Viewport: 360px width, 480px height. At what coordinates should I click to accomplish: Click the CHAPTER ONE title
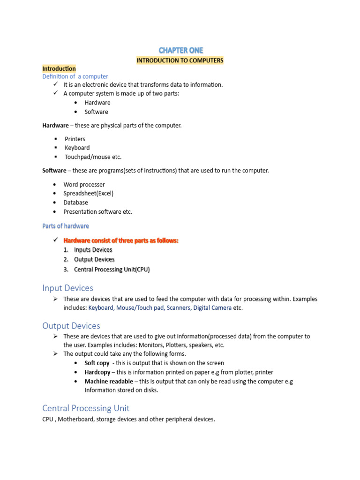pyautogui.click(x=180, y=50)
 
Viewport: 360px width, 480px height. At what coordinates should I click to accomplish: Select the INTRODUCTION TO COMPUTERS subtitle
pyautogui.click(x=180, y=60)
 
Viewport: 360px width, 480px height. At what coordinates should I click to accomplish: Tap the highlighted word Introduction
pyautogui.click(x=59, y=68)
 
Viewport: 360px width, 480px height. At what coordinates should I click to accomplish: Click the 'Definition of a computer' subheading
pyautogui.click(x=75, y=76)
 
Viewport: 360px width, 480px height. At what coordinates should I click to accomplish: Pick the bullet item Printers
pyautogui.click(x=75, y=139)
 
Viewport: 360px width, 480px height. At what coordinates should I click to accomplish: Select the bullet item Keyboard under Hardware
pyautogui.click(x=77, y=148)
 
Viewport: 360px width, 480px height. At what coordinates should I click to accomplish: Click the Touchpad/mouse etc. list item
pyautogui.click(x=93, y=157)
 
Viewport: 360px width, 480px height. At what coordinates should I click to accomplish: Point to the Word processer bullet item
pyautogui.click(x=84, y=185)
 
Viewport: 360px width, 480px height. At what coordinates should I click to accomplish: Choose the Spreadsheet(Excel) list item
pyautogui.click(x=89, y=193)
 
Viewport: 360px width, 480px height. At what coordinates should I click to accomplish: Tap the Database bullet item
pyautogui.click(x=76, y=202)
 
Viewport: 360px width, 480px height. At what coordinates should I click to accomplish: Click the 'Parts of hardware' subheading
pyautogui.click(x=66, y=226)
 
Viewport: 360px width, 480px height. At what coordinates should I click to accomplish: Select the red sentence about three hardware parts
pyautogui.click(x=121, y=240)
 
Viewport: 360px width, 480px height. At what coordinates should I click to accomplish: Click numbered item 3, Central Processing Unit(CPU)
pyautogui.click(x=112, y=270)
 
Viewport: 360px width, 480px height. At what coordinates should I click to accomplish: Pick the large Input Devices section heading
pyautogui.click(x=67, y=288)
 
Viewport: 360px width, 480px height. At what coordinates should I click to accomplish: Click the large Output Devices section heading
pyautogui.click(x=71, y=326)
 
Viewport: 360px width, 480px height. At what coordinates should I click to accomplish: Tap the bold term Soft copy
pyautogui.click(x=97, y=363)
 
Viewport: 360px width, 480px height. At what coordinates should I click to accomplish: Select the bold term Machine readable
pyautogui.click(x=109, y=382)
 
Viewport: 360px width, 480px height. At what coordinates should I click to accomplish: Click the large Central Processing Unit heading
pyautogui.click(x=86, y=408)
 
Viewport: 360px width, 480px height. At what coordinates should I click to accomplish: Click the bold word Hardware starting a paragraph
pyautogui.click(x=55, y=126)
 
